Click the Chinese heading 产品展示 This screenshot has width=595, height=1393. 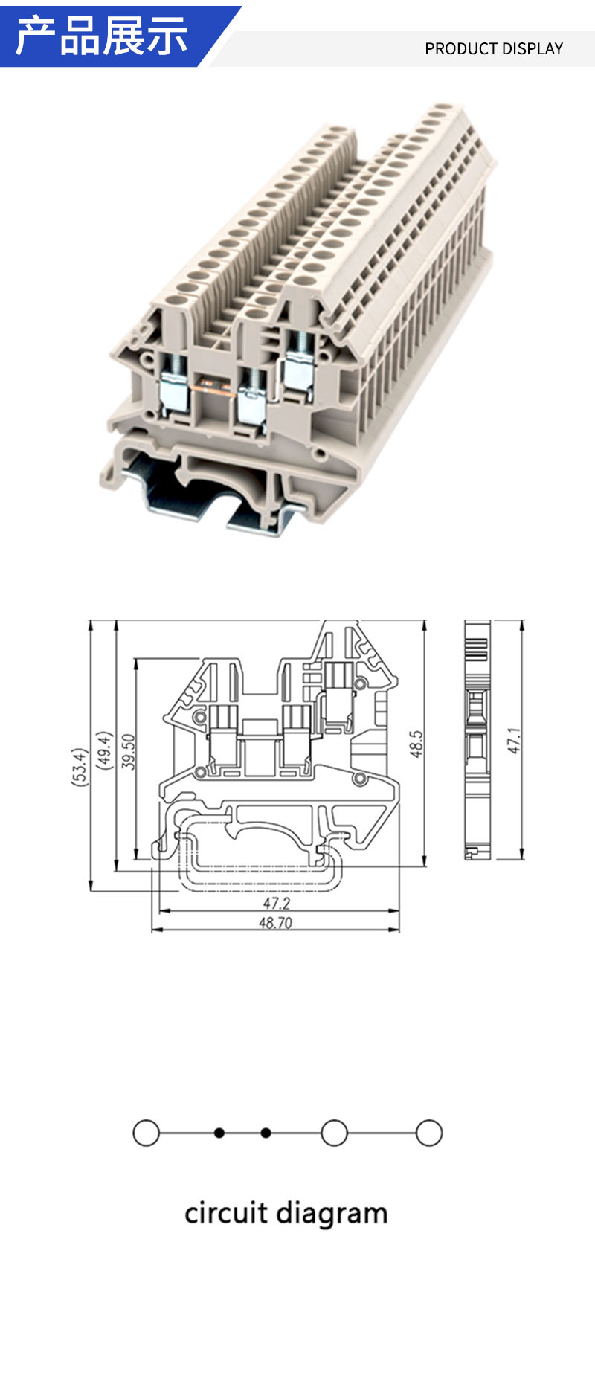tap(101, 35)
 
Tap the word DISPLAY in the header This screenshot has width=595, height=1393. tap(531, 48)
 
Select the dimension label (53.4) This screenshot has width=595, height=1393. tap(80, 767)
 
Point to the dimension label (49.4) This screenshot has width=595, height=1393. tap(105, 750)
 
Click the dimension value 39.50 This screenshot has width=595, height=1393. tap(129, 751)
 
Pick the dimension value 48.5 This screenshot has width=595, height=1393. tap(416, 744)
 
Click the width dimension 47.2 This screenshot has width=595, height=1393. tap(276, 903)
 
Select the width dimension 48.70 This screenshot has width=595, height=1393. tap(275, 923)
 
